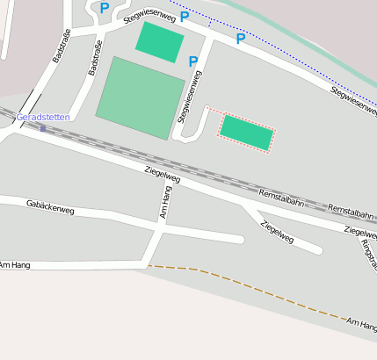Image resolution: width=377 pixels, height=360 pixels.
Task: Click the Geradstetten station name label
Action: click(43, 117)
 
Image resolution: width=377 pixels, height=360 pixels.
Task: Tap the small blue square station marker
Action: click(42, 128)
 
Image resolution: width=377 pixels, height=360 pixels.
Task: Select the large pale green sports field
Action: click(141, 97)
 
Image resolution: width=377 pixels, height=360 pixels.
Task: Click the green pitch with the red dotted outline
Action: click(246, 133)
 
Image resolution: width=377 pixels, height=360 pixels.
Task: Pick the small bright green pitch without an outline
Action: click(160, 41)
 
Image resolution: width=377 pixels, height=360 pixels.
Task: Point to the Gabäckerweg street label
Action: click(50, 207)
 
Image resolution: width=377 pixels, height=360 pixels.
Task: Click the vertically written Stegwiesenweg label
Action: click(185, 97)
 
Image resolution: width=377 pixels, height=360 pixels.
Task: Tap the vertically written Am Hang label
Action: click(165, 203)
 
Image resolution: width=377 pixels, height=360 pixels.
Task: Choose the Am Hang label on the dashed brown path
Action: click(361, 325)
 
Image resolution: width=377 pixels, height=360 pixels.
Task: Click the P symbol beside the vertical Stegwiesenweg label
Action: click(193, 61)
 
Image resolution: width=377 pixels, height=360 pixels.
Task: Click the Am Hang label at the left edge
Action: click(15, 264)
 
